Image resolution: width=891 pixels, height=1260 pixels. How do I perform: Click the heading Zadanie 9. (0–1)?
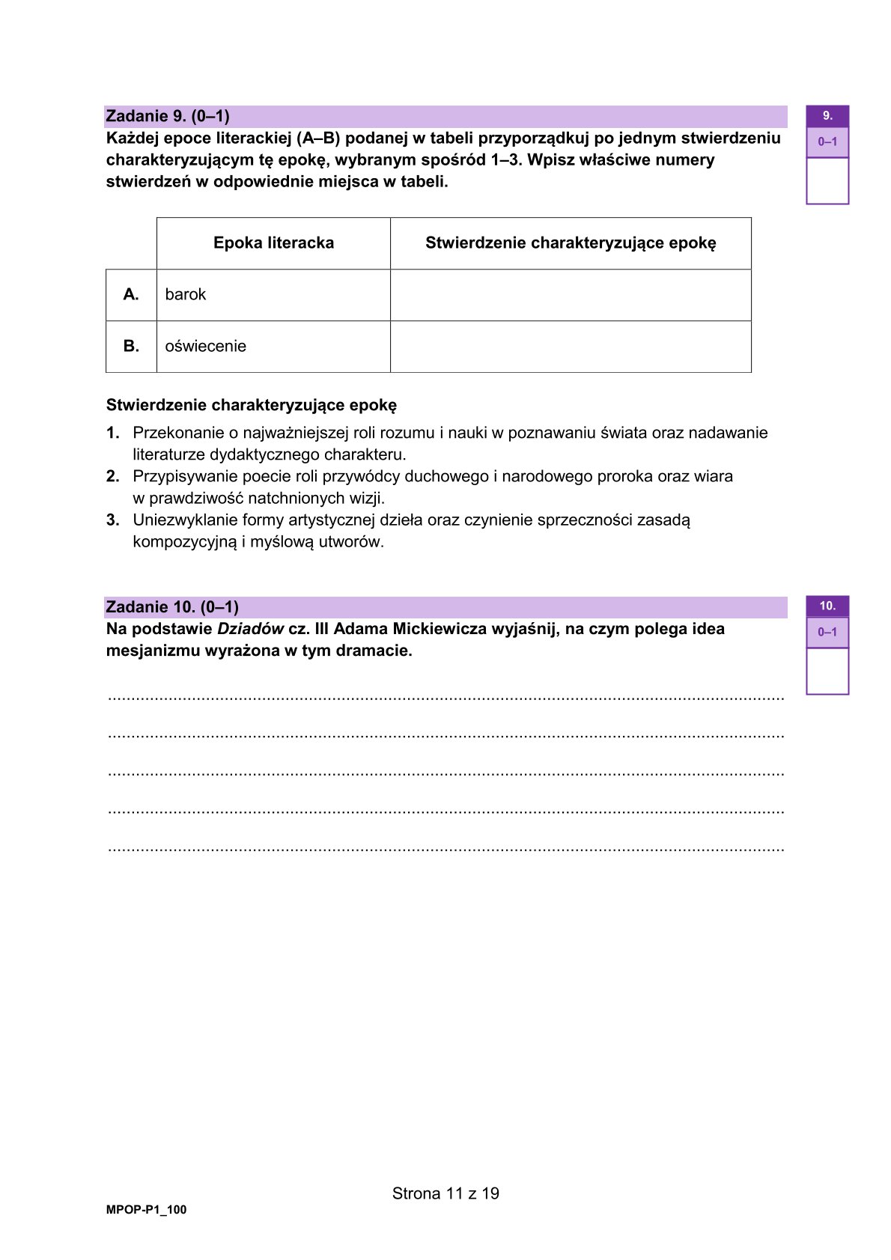pos(168,116)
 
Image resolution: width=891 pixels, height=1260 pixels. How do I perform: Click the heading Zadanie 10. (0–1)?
pos(172,606)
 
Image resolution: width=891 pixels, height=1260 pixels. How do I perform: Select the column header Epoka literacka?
pos(273,243)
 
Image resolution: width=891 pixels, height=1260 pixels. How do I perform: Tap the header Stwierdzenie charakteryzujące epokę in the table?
pos(571,243)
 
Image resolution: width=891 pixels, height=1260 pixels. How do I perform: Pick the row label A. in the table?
pos(131,294)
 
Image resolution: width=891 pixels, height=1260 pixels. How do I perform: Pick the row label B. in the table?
pos(131,346)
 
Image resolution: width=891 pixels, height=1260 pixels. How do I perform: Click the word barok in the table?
pos(186,294)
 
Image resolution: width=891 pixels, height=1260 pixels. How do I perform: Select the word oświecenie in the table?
pos(205,346)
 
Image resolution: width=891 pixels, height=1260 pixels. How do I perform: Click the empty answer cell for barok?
pos(571,294)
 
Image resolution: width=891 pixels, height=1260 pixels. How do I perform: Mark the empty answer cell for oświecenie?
pos(571,346)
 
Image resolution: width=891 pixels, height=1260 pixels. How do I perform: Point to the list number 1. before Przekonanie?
pos(112,433)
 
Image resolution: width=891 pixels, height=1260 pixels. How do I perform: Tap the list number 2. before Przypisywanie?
pos(112,476)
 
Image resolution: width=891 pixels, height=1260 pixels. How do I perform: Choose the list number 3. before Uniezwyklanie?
pos(112,520)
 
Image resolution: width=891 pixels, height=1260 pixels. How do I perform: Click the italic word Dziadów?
pos(250,629)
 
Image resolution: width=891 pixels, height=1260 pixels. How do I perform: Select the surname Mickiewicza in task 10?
pos(440,629)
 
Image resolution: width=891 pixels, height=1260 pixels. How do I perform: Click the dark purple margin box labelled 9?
pos(827,116)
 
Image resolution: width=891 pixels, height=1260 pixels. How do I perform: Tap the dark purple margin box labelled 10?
pos(827,606)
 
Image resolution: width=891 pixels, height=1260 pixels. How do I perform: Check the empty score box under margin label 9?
pos(827,180)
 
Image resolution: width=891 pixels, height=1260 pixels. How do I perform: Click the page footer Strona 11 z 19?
pos(445,1193)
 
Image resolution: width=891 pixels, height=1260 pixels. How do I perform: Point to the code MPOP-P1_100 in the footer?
pos(146,1210)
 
